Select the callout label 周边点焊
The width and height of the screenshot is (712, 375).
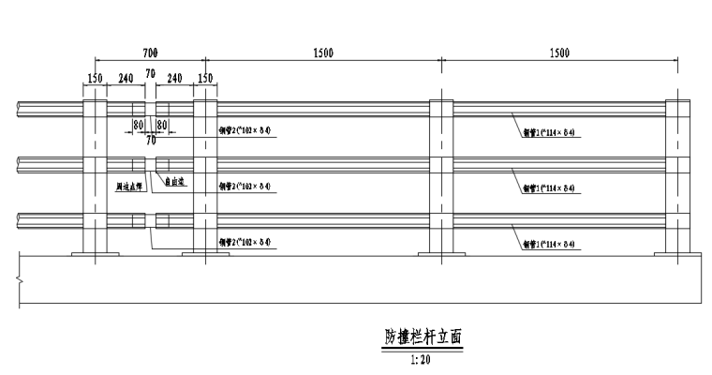click(x=128, y=187)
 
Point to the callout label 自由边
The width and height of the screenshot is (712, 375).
click(x=174, y=183)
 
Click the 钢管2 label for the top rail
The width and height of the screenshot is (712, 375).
click(x=245, y=130)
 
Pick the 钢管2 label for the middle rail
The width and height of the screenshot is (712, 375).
click(x=245, y=187)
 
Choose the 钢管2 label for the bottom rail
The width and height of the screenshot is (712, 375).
click(x=245, y=242)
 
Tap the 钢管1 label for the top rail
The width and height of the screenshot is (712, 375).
click(x=548, y=132)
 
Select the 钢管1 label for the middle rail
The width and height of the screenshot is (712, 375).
click(x=548, y=188)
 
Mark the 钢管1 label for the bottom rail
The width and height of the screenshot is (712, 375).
click(x=548, y=245)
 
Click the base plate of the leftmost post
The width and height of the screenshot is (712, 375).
click(x=96, y=253)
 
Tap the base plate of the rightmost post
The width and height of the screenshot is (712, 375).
click(x=679, y=253)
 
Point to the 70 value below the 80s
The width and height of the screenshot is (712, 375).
click(x=151, y=140)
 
